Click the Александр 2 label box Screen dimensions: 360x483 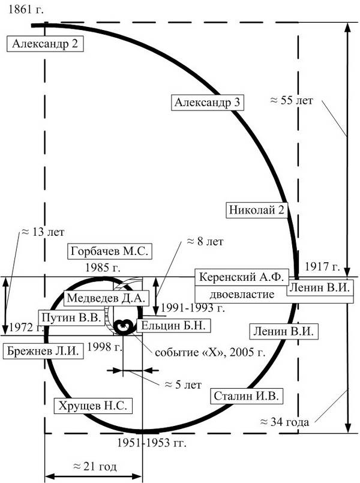[45, 44]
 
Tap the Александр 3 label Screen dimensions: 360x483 [207, 102]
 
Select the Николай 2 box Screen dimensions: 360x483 [257, 210]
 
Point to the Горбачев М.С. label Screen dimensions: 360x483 [110, 251]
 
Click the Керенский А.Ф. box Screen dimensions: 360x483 [242, 277]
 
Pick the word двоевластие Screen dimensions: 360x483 [242, 294]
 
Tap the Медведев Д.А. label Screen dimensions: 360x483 [106, 298]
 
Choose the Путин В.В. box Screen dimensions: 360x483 [71, 317]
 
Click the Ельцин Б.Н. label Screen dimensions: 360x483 [173, 325]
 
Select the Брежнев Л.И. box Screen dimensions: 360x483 [43, 351]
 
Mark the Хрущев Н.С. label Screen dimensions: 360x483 [93, 406]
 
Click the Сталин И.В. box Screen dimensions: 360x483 [247, 396]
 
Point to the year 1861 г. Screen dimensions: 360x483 [26, 10]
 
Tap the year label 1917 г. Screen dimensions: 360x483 [322, 267]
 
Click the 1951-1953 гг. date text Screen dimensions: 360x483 [152, 443]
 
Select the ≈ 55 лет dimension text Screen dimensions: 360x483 [292, 101]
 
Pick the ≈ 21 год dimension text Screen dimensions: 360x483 [95, 466]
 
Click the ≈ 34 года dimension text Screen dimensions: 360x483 [284, 422]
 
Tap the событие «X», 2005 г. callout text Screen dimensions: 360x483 [210, 352]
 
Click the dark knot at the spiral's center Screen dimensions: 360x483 [124, 326]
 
